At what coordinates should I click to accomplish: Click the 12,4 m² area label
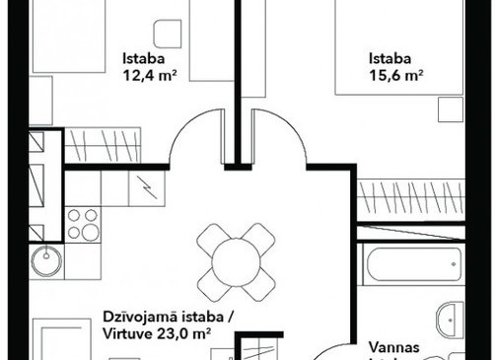coord(150,76)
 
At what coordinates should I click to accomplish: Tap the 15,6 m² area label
coord(396,76)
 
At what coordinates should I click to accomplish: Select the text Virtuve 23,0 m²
coord(157,334)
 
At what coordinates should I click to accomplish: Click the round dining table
coord(236,262)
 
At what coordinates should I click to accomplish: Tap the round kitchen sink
coord(46,261)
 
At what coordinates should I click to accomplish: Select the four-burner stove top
coord(83,225)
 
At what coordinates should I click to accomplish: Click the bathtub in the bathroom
coord(414,264)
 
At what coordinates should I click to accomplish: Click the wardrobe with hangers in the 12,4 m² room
coord(103,145)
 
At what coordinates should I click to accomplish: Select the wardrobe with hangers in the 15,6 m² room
coord(411,195)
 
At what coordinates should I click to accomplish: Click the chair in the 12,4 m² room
coord(168,34)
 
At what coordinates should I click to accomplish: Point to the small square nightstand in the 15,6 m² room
coord(451,109)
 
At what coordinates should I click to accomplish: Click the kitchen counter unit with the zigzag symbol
coord(147,188)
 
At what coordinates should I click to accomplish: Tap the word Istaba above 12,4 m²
coord(144,58)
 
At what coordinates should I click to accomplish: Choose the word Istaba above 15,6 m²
coord(389,58)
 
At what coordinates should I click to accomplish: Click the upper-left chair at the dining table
coord(211,237)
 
